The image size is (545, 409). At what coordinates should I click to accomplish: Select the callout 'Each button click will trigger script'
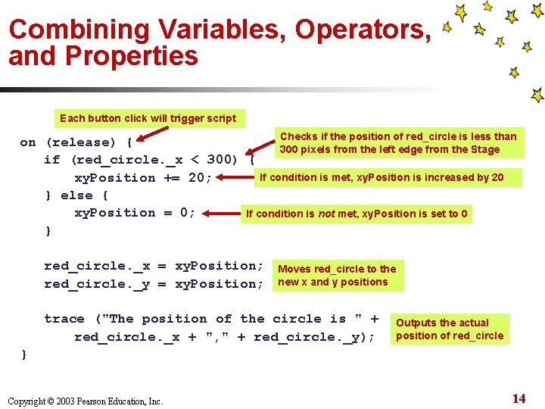click(x=148, y=118)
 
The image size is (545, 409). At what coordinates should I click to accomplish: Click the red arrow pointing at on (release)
click(x=151, y=136)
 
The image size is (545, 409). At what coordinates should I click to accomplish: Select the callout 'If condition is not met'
click(x=357, y=214)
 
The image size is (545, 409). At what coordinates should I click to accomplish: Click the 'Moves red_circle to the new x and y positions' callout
click(x=337, y=276)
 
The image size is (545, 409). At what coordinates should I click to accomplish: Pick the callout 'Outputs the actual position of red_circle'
click(x=450, y=329)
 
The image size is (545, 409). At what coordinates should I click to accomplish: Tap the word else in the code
click(x=77, y=195)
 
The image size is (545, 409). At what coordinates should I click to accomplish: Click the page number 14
click(x=519, y=398)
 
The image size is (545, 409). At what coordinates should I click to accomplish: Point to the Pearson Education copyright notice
click(x=85, y=401)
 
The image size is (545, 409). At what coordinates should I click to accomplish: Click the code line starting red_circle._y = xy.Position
click(x=154, y=284)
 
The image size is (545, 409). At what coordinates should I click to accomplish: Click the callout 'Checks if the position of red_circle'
click(x=398, y=142)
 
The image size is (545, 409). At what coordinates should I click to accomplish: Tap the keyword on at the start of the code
click(x=28, y=142)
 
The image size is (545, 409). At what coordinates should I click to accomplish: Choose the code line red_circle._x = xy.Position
click(x=154, y=266)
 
